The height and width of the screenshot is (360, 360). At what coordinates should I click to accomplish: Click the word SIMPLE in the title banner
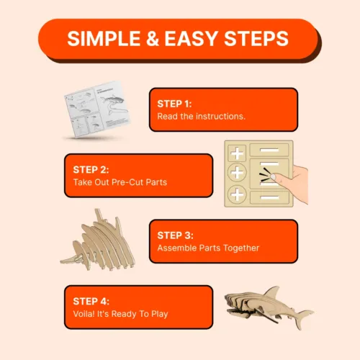pyautogui.click(x=104, y=39)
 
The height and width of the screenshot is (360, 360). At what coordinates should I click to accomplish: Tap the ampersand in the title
pyautogui.click(x=153, y=39)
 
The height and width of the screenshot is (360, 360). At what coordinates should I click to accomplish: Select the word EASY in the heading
pyautogui.click(x=191, y=39)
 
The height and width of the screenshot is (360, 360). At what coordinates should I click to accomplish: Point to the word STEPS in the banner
pyautogui.click(x=256, y=39)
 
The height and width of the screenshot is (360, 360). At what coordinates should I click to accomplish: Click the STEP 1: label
pyautogui.click(x=174, y=104)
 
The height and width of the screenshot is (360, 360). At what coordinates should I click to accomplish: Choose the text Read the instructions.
pyautogui.click(x=202, y=117)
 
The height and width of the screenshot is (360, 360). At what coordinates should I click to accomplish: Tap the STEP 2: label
pyautogui.click(x=91, y=170)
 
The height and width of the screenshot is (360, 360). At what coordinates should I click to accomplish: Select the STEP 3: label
pyautogui.click(x=175, y=235)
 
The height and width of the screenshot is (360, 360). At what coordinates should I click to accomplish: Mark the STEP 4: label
pyautogui.click(x=91, y=301)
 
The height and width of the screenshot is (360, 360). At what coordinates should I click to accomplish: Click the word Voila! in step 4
pyautogui.click(x=84, y=314)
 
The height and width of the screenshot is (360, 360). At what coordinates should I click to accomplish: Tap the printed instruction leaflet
pyautogui.click(x=97, y=109)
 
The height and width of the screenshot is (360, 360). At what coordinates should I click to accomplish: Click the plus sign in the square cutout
pyautogui.click(x=237, y=153)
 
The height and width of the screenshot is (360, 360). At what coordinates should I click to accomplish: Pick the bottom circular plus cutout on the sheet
pyautogui.click(x=237, y=194)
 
